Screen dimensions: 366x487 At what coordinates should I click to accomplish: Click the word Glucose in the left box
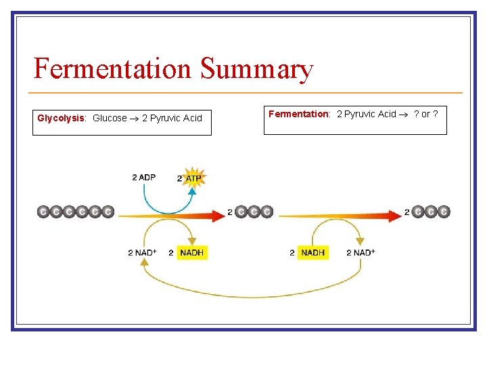[110, 118]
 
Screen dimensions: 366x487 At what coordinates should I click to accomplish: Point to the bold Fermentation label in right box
[298, 114]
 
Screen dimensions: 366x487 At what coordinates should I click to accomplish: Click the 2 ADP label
[143, 178]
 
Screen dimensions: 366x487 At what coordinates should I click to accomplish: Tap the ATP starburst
[193, 178]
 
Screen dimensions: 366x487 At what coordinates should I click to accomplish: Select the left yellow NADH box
[191, 253]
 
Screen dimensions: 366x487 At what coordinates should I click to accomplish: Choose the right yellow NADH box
[312, 253]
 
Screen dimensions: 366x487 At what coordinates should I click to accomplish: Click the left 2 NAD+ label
[142, 253]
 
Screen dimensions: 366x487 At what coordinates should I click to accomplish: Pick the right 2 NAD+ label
[361, 253]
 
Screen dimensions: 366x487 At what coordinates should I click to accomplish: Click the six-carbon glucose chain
[76, 212]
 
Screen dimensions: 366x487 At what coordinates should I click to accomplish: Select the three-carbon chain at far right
[431, 212]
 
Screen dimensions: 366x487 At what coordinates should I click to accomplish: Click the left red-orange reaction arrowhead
[218, 216]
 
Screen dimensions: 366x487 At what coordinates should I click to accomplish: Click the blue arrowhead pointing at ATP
[192, 192]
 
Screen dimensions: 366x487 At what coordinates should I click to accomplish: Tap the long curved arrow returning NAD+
[250, 295]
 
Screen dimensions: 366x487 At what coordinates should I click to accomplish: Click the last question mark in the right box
[435, 114]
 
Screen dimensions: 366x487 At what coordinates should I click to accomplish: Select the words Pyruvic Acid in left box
[176, 118]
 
